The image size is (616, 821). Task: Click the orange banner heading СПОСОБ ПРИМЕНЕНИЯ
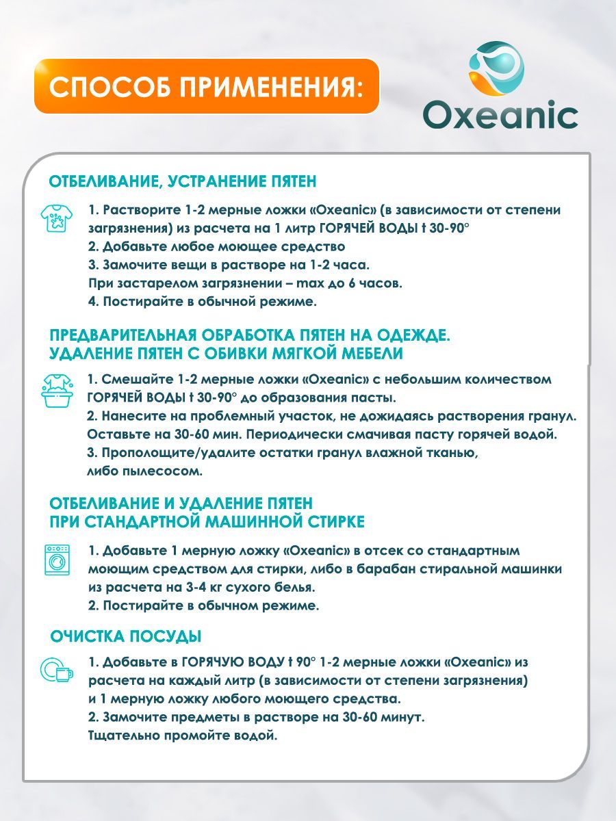point(206,87)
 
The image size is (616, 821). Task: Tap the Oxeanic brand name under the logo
point(500,115)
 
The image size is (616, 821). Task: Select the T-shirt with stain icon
point(54,218)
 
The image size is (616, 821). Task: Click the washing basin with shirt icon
point(57,390)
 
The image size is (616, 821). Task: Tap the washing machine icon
point(57,559)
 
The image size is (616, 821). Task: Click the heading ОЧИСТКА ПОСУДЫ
point(126,636)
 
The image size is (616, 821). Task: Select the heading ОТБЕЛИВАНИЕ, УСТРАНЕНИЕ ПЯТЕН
point(183,181)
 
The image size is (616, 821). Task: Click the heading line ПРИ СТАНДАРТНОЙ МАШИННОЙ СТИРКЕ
point(207,522)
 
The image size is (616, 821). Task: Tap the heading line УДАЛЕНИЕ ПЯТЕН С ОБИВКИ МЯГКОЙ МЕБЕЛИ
point(226,353)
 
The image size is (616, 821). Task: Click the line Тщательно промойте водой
point(183,736)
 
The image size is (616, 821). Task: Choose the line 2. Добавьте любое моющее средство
point(216,246)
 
